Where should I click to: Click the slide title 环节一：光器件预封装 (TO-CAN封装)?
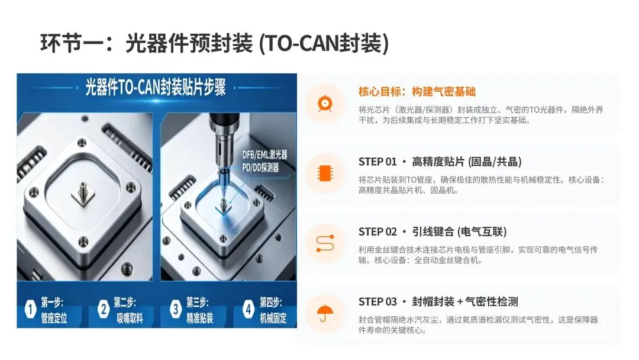tap(215, 43)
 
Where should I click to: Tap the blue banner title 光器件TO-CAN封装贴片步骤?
tap(155, 87)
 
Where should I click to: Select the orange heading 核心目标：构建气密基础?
tap(417, 92)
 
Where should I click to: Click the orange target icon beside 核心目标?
tap(325, 104)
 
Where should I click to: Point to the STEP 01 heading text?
tap(440, 162)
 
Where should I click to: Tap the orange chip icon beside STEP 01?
tap(325, 173)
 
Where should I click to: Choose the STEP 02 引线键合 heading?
tap(433, 232)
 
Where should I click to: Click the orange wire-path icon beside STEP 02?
tap(325, 243)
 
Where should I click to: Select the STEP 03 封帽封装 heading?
tap(438, 302)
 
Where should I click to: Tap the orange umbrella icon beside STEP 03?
tap(325, 313)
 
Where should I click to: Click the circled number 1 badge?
tap(30, 309)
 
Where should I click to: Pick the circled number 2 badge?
tap(104, 309)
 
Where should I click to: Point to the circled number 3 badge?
tap(176, 309)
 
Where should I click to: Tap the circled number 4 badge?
tap(248, 309)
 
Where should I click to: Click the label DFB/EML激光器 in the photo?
tap(264, 155)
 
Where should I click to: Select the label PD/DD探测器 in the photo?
tap(260, 167)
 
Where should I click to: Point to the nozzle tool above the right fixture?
tap(221, 159)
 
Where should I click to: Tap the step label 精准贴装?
tap(200, 318)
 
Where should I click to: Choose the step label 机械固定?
tap(273, 318)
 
